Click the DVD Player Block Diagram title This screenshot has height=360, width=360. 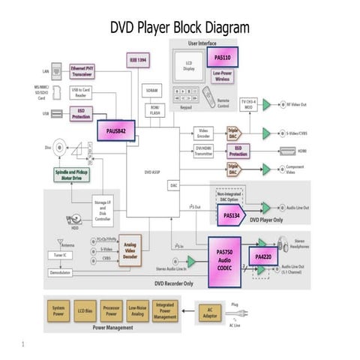pyautogui.click(x=179, y=28)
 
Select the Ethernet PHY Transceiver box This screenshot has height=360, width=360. pyautogui.click(x=82, y=71)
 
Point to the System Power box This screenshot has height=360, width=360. pyautogui.click(x=58, y=310)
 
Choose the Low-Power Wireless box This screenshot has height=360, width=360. pyautogui.click(x=223, y=75)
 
